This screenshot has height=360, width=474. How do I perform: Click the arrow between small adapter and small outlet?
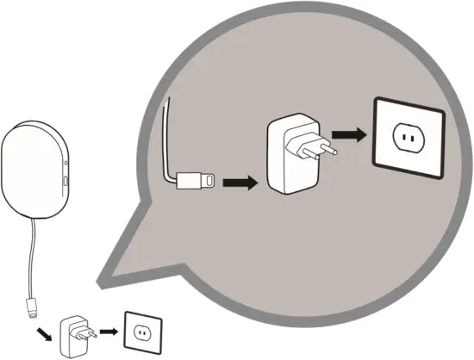click(x=107, y=330)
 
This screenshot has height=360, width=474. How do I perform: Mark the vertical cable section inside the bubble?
click(x=166, y=138)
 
